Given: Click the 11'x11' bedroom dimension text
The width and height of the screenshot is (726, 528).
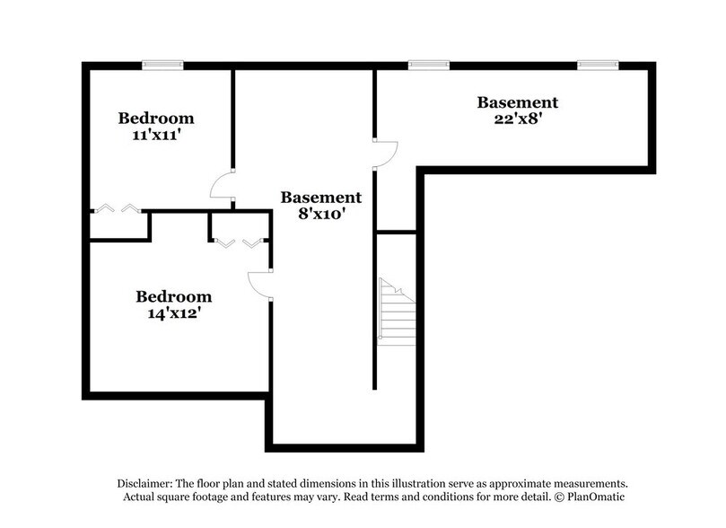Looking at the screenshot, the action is pyautogui.click(x=156, y=136).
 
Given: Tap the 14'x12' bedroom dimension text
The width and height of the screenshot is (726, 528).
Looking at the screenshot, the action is pyautogui.click(x=173, y=313).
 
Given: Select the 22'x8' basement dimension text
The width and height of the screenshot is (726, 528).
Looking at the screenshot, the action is pyautogui.click(x=518, y=119).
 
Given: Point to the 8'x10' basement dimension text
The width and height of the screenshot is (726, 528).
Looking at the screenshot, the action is pyautogui.click(x=321, y=215).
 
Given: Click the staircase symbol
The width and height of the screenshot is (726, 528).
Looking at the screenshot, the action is pyautogui.click(x=397, y=312).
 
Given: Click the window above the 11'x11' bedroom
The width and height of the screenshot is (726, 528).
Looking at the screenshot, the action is pyautogui.click(x=162, y=65).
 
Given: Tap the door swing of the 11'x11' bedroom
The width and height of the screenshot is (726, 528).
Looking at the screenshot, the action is pyautogui.click(x=223, y=184).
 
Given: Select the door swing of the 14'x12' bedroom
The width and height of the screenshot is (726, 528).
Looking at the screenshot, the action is pyautogui.click(x=259, y=285).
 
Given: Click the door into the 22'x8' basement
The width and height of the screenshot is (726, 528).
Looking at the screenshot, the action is pyautogui.click(x=386, y=153).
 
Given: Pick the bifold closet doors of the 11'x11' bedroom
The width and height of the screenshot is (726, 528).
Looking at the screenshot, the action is pyautogui.click(x=118, y=208).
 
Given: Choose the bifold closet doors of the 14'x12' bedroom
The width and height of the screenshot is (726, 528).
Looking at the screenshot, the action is pyautogui.click(x=240, y=242).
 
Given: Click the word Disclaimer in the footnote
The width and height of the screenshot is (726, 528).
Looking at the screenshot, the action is pyautogui.click(x=144, y=484).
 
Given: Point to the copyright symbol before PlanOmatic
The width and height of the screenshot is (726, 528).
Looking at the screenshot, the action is pyautogui.click(x=560, y=497).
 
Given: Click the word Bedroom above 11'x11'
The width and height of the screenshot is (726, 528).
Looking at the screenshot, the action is pyautogui.click(x=156, y=119).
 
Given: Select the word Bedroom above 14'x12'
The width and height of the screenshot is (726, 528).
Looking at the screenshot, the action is pyautogui.click(x=173, y=296).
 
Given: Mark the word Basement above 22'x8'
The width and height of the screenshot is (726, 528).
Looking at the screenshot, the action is pyautogui.click(x=518, y=102).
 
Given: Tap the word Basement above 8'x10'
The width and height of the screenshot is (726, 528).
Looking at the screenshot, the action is pyautogui.click(x=321, y=198).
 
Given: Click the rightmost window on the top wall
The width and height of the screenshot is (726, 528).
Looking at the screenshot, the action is pyautogui.click(x=598, y=65).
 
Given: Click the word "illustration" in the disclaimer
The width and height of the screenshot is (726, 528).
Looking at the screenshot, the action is pyautogui.click(x=419, y=484).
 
